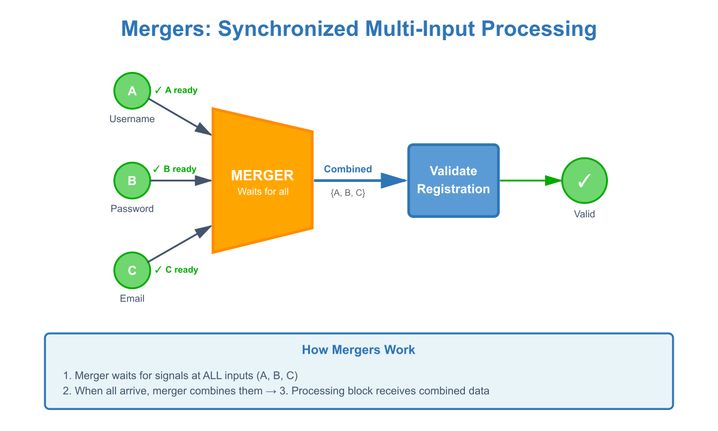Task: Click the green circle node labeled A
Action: tap(132, 90)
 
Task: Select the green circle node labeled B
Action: tap(132, 180)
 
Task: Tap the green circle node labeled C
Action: tap(132, 270)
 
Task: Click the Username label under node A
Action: tap(132, 119)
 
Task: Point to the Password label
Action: tap(132, 209)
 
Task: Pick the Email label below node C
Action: tap(132, 299)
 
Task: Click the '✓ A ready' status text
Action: tap(176, 90)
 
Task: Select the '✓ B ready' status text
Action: tap(175, 169)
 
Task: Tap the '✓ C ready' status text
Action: tap(176, 270)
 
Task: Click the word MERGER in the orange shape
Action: tap(262, 175)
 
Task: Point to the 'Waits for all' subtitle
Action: tap(263, 192)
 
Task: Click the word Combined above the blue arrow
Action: tap(348, 169)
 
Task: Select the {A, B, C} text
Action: tap(348, 193)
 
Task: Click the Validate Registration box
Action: tap(453, 180)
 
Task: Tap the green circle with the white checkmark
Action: tap(584, 180)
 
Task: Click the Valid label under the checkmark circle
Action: tap(584, 214)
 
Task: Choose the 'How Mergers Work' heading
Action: tap(358, 350)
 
